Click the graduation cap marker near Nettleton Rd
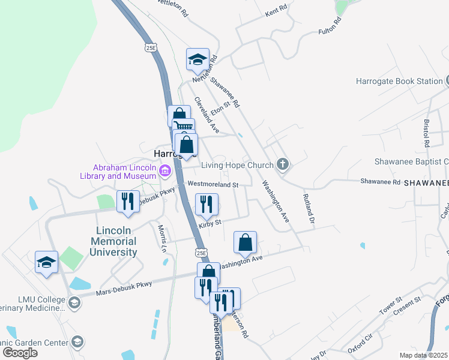(x=197, y=59)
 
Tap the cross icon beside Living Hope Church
(x=283, y=164)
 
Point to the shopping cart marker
(x=184, y=128)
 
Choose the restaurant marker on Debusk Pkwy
(x=128, y=202)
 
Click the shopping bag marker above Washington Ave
(x=245, y=242)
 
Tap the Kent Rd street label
(x=276, y=11)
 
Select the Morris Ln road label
(x=161, y=238)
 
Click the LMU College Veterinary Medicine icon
(x=74, y=302)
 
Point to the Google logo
(x=20, y=353)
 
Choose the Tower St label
(x=390, y=307)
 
